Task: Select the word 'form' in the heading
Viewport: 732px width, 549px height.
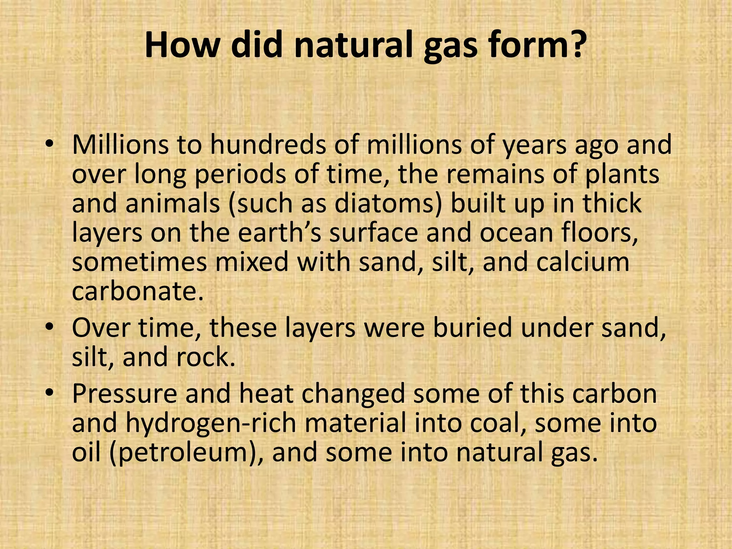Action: click(x=526, y=45)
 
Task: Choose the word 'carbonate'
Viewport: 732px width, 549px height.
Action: click(x=134, y=291)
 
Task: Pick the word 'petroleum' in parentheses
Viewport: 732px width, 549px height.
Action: click(x=185, y=453)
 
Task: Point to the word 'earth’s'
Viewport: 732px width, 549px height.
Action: click(x=280, y=232)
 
